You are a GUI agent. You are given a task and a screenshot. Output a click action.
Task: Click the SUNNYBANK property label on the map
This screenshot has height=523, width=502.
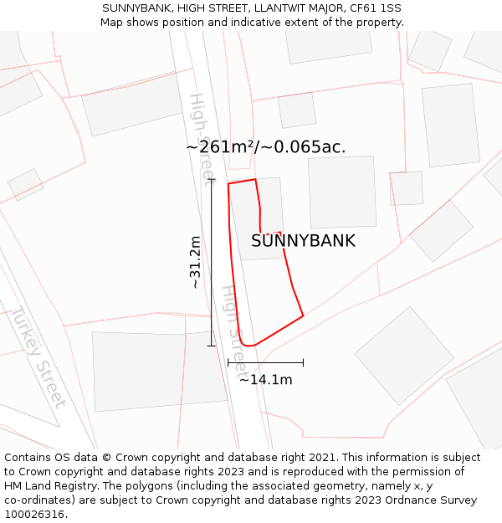(x=303, y=241)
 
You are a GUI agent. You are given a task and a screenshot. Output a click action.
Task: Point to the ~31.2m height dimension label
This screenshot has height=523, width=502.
(x=195, y=262)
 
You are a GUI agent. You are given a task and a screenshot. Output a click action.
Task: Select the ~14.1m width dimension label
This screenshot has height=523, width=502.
(x=266, y=380)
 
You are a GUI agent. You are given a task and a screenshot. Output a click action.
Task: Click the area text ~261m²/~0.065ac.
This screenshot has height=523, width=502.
(x=265, y=147)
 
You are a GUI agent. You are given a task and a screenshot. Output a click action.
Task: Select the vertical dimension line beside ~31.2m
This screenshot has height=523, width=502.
(x=211, y=262)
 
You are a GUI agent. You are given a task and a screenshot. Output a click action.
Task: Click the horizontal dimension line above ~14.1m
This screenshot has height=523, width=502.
(x=265, y=362)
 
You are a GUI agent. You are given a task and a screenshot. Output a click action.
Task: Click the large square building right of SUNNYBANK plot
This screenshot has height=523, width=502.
(x=341, y=192)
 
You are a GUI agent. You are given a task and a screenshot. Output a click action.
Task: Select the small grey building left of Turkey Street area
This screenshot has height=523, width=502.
(x=26, y=185)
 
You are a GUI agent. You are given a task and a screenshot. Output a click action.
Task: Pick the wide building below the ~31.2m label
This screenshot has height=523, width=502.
(x=159, y=371)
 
